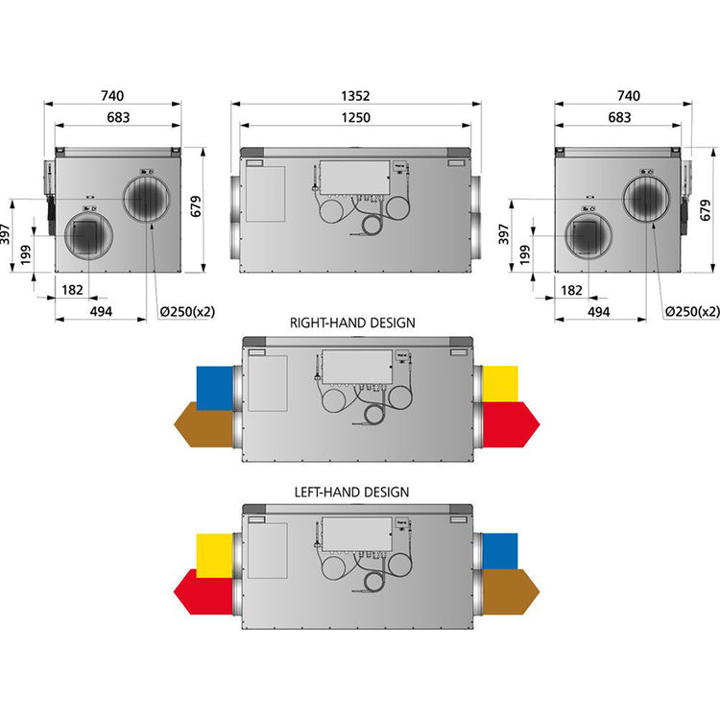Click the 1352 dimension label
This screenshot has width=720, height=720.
click(355, 96)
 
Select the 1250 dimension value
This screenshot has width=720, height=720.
click(356, 117)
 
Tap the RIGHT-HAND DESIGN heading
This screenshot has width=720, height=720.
click(352, 323)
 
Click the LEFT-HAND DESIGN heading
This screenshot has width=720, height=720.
click(351, 492)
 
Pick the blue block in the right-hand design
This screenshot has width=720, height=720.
click(214, 388)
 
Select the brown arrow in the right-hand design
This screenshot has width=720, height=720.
click(204, 424)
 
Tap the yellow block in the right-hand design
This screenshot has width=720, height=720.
click(500, 384)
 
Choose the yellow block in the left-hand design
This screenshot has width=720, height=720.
click(214, 555)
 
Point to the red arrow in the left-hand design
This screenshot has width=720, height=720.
click(204, 592)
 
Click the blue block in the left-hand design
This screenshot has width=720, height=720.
click(500, 551)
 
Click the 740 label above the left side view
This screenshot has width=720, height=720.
click(112, 96)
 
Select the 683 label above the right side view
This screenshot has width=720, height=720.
click(619, 117)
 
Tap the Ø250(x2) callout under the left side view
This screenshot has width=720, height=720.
click(187, 312)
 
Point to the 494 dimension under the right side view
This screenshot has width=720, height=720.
click(599, 312)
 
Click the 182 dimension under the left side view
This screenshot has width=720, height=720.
click(72, 290)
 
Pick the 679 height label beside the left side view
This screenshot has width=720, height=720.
click(196, 206)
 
